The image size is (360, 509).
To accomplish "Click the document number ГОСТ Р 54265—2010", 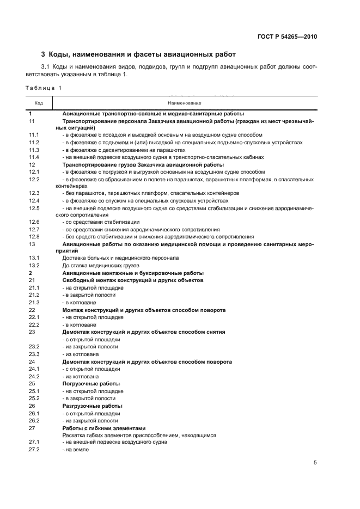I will pyautogui.click(x=287, y=37).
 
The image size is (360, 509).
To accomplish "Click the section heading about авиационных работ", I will pyautogui.click(x=138, y=54).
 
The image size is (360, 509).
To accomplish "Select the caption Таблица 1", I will pyautogui.click(x=44, y=88).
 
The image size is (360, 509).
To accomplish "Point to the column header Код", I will pyautogui.click(x=39, y=102).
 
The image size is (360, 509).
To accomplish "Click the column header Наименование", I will pyautogui.click(x=185, y=102).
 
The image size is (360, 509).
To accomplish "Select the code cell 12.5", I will pyautogui.click(x=34, y=208).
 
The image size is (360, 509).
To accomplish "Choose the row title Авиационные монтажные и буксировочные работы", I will pyautogui.click(x=133, y=273).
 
